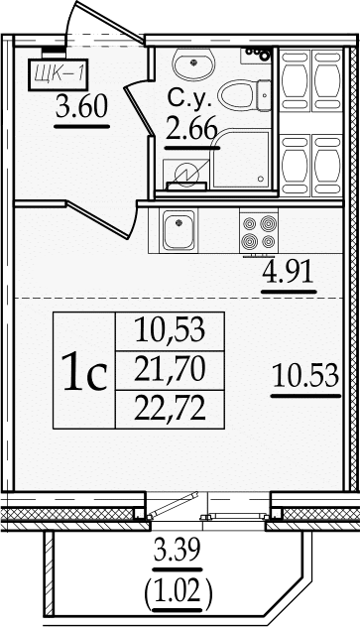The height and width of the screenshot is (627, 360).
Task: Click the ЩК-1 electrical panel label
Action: (x=58, y=74)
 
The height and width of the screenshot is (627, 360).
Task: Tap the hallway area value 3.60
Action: (x=82, y=107)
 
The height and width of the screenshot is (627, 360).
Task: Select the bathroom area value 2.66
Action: (x=191, y=128)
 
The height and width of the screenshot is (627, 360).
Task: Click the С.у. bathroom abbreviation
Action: (x=189, y=99)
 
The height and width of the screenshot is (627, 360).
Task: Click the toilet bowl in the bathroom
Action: (x=244, y=95)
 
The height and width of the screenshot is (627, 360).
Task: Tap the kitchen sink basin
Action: (x=179, y=230)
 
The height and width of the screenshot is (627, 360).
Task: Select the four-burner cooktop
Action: (x=259, y=232)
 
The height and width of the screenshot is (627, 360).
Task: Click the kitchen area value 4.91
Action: (x=288, y=273)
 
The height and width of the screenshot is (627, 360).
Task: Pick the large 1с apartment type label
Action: (x=85, y=371)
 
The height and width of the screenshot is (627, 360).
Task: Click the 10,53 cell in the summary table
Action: (x=170, y=330)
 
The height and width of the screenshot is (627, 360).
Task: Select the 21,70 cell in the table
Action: (x=170, y=369)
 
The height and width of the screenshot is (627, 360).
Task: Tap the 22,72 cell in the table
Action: (x=170, y=409)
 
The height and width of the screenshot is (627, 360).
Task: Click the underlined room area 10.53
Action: (x=306, y=375)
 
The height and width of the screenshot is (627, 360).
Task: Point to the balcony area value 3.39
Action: (x=178, y=553)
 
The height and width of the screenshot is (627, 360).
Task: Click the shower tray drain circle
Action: (x=261, y=179)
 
